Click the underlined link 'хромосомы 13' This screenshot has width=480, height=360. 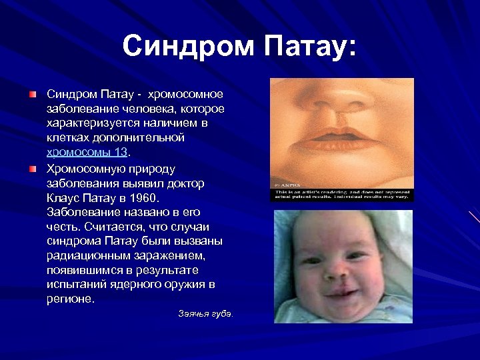click(86, 151)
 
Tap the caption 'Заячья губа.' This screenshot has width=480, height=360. click(205, 313)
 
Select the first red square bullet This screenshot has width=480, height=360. click(33, 95)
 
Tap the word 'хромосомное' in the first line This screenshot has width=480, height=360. click(186, 94)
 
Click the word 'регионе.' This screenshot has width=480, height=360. click(71, 299)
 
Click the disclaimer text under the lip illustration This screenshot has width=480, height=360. click(341, 194)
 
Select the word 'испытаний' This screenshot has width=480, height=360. click(78, 285)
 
